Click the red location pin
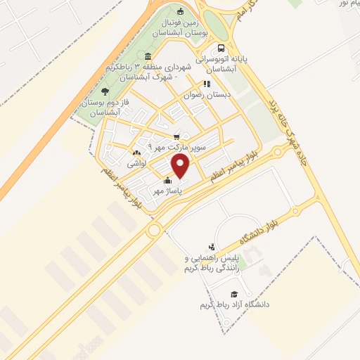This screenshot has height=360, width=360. pyautogui.click(x=181, y=167)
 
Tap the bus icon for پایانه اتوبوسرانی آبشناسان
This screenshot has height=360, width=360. pyautogui.click(x=221, y=49)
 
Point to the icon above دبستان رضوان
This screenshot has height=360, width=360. pyautogui.click(x=207, y=82)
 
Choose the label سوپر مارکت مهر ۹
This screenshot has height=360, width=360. pyautogui.click(x=181, y=148)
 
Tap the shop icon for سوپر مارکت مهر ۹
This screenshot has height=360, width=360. pyautogui.click(x=176, y=137)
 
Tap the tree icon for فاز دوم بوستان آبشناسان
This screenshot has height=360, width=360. pyautogui.click(x=105, y=91)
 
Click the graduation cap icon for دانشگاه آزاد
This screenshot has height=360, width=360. pyautogui.click(x=234, y=294)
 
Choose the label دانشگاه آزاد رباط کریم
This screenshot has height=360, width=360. pyautogui.click(x=235, y=305)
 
